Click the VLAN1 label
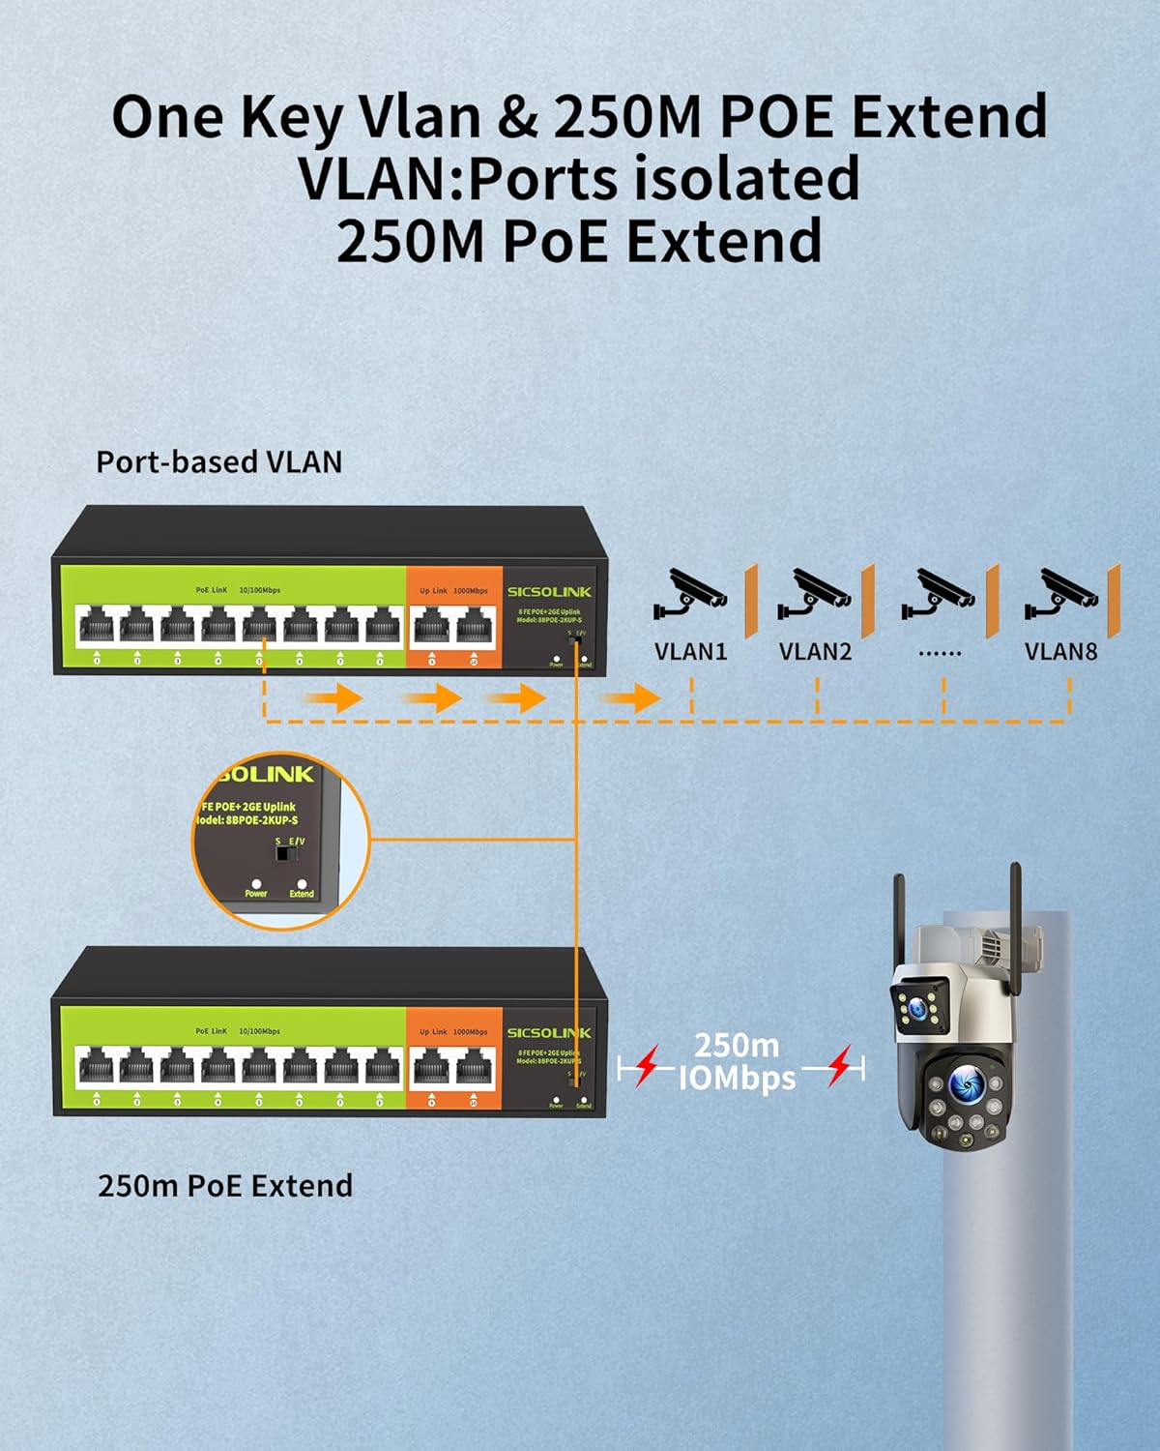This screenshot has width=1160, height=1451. pos(690,651)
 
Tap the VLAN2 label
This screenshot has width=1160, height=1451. pos(815,651)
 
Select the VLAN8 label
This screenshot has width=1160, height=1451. pos(1060,651)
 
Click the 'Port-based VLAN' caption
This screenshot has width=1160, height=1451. pos(219,461)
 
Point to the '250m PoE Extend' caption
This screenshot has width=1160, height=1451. pos(225,1185)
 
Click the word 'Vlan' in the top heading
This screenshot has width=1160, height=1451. pos(419,116)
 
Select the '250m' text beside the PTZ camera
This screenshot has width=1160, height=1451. pos(737,1045)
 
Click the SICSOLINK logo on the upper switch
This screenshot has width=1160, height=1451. pos(549,591)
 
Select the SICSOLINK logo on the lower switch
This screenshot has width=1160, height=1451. pos(549,1032)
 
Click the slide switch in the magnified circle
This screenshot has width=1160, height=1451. pos(284,853)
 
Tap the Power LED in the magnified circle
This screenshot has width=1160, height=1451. pos(256,883)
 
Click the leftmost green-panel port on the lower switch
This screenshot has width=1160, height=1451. pos(97,1067)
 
